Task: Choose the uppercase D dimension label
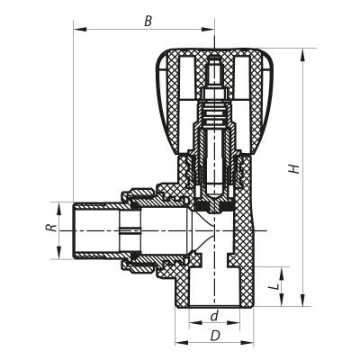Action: click(213, 335)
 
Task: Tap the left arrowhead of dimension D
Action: click(178, 343)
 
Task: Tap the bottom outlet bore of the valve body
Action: click(213, 288)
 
